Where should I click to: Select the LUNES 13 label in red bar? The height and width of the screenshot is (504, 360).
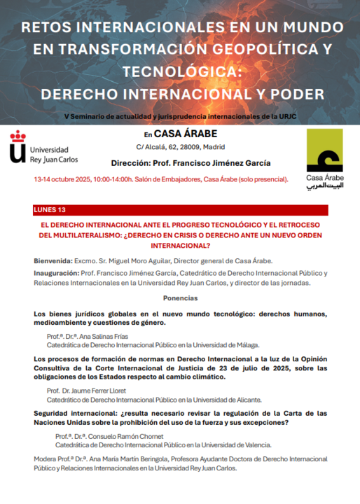click(50, 210)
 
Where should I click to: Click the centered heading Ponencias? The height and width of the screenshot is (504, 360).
click(180, 298)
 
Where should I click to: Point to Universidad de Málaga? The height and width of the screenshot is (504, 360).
click(228, 344)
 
